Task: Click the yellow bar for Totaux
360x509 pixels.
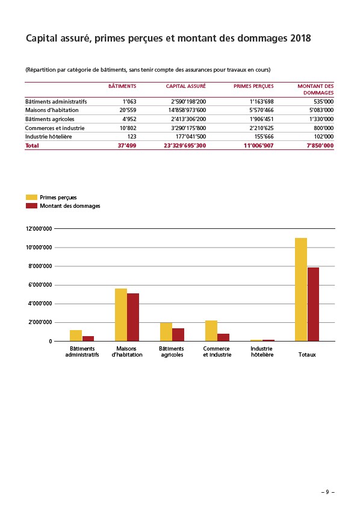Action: click(x=301, y=290)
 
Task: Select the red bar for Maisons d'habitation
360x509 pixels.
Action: click(x=133, y=317)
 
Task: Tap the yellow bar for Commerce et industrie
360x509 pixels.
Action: click(x=211, y=331)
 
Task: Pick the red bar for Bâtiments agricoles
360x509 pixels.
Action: click(x=178, y=335)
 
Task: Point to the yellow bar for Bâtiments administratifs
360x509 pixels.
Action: click(x=76, y=336)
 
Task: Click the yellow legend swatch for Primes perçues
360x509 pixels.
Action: click(x=31, y=198)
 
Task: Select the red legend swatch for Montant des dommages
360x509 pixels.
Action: click(x=31, y=206)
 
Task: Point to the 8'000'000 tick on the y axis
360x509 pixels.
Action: click(x=55, y=266)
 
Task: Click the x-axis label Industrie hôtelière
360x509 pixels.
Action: click(x=262, y=352)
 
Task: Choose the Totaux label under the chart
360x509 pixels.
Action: click(x=307, y=355)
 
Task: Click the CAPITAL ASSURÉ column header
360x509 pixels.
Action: click(x=186, y=86)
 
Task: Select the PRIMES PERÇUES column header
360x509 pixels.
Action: click(x=253, y=86)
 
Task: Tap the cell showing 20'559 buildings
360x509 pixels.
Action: click(x=128, y=110)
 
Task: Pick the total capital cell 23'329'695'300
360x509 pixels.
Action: click(x=185, y=145)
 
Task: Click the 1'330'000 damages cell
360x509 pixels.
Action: click(x=321, y=119)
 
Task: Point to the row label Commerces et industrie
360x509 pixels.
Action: click(x=55, y=128)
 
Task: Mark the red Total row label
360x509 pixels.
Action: click(x=32, y=145)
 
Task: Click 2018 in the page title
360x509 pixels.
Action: click(x=300, y=39)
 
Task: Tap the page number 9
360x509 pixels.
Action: click(x=327, y=492)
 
